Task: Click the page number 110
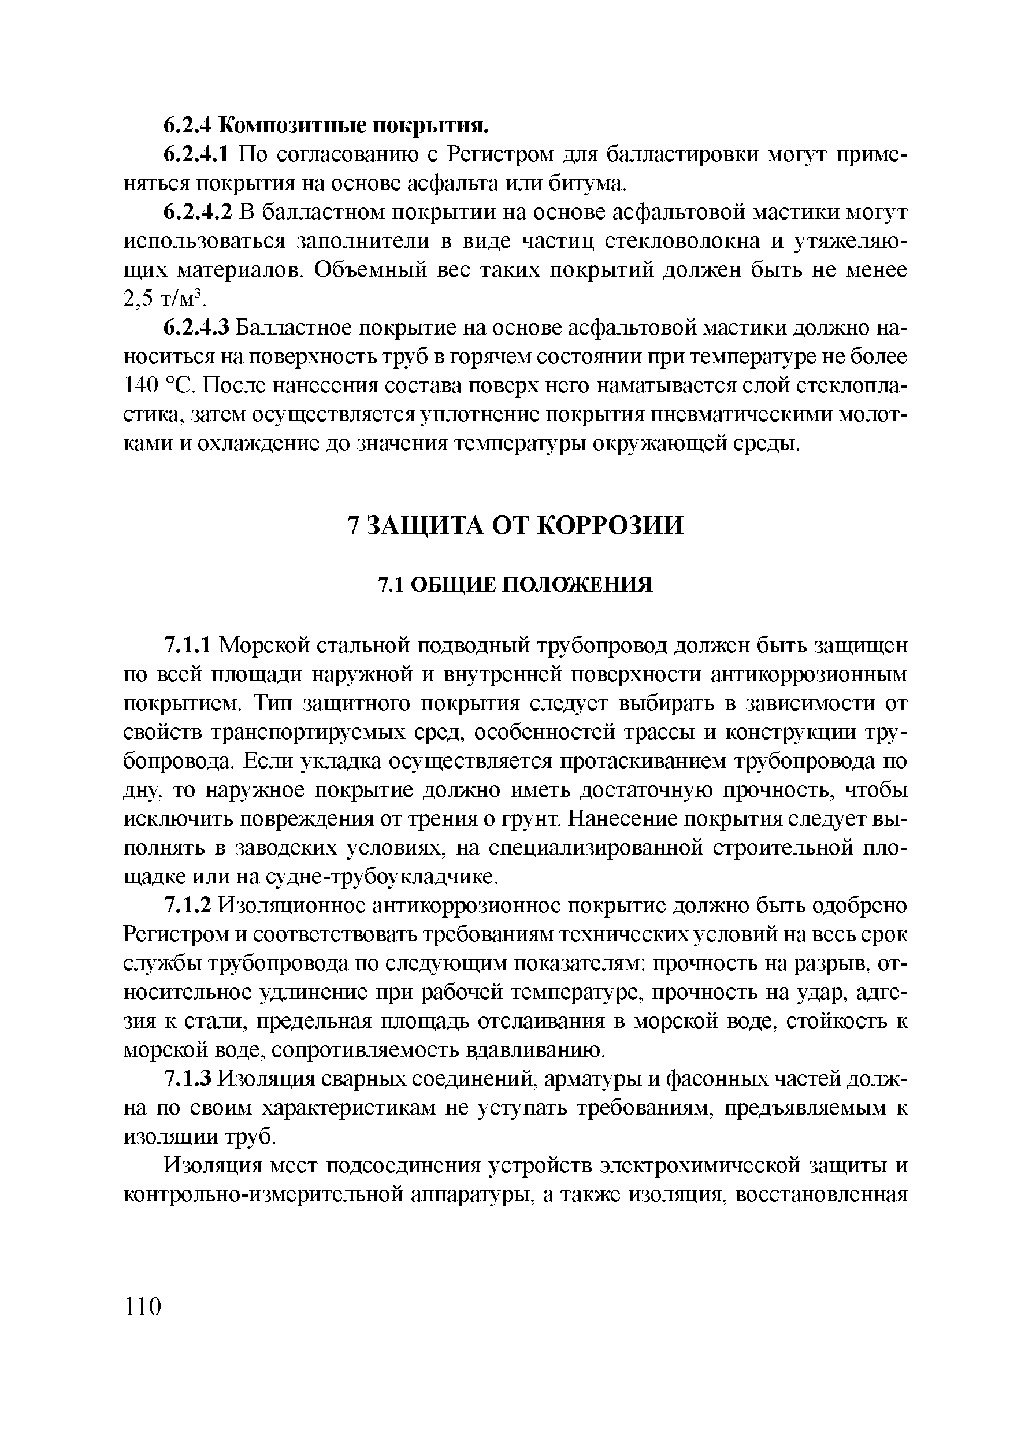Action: (x=143, y=1306)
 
